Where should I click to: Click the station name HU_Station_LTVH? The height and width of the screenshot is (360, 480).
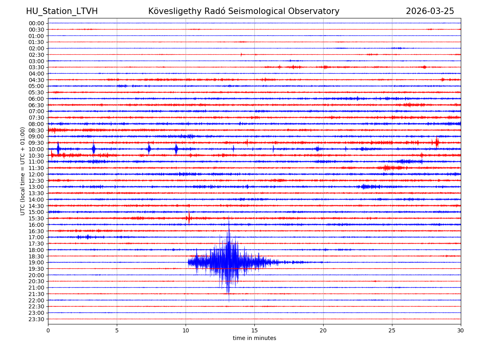[x=62, y=11]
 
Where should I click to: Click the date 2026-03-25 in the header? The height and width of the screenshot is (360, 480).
[x=430, y=11]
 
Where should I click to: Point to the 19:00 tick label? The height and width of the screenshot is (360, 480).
[x=36, y=262]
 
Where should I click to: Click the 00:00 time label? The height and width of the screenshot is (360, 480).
[x=36, y=23]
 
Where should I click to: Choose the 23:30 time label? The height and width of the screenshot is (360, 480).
[x=36, y=319]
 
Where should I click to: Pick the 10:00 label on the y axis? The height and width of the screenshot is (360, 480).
[x=36, y=149]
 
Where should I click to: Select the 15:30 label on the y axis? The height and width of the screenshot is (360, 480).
[x=36, y=218]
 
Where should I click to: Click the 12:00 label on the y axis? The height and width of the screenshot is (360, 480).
[x=36, y=174]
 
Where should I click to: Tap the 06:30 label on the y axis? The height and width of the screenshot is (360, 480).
[x=36, y=105]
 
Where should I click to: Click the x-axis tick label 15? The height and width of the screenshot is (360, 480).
[x=254, y=331]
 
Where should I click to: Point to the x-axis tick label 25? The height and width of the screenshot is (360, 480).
[x=392, y=331]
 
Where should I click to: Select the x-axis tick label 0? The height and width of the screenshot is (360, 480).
[x=48, y=331]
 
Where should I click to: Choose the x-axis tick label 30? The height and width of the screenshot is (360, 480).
[x=461, y=331]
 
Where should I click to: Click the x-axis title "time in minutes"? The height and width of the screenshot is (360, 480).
[x=254, y=338]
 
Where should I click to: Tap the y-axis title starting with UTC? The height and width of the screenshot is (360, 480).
[x=23, y=171]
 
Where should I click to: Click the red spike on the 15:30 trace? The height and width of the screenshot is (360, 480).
[x=189, y=218]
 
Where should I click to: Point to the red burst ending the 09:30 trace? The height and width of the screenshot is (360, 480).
[x=437, y=142]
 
